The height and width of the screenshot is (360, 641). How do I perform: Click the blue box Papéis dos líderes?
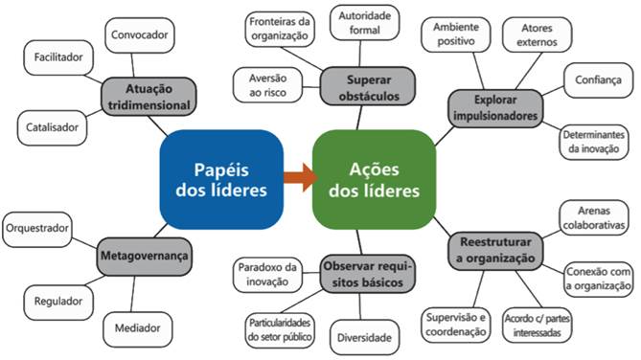click(x=221, y=177)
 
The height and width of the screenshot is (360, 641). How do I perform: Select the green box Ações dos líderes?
click(x=374, y=177)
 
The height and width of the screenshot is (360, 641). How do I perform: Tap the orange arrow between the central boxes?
click(x=298, y=175)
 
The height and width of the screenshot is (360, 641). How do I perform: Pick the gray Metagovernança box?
click(x=144, y=257)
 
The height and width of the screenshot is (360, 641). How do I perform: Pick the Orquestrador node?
click(x=40, y=229)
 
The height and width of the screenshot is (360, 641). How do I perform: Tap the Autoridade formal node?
click(x=365, y=23)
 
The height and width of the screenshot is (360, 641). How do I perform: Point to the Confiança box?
click(x=599, y=80)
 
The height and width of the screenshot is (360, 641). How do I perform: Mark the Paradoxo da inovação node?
click(x=265, y=274)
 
